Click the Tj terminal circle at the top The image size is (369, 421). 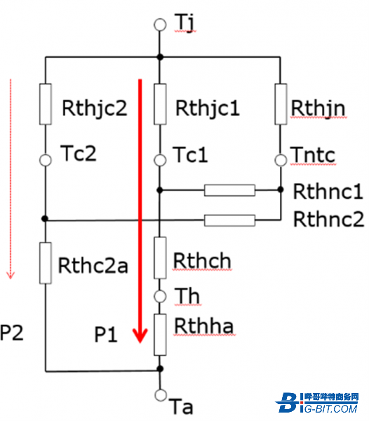[x=160, y=25]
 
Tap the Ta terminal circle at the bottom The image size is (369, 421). [x=161, y=394]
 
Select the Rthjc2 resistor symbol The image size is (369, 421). [x=46, y=104]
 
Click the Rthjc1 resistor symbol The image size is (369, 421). [x=160, y=104]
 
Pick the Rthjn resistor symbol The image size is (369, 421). [x=281, y=104]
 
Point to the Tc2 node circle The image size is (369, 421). [x=46, y=160]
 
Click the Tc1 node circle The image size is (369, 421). [x=160, y=160]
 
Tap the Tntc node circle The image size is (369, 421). [x=281, y=160]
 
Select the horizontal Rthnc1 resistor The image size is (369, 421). [x=229, y=190]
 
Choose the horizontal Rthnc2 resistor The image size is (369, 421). [x=229, y=220]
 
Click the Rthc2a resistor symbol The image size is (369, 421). [x=46, y=263]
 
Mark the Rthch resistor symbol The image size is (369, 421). [x=160, y=258]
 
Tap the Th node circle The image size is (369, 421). [x=160, y=296]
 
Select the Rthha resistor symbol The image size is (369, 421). [x=160, y=335]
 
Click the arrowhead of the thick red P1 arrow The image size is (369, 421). [x=140, y=335]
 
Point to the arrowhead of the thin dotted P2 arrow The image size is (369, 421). [x=11, y=276]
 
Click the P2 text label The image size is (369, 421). [x=11, y=333]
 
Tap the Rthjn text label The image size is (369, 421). [x=318, y=109]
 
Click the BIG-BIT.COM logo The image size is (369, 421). [x=317, y=403]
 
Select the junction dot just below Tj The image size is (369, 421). [x=160, y=57]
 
